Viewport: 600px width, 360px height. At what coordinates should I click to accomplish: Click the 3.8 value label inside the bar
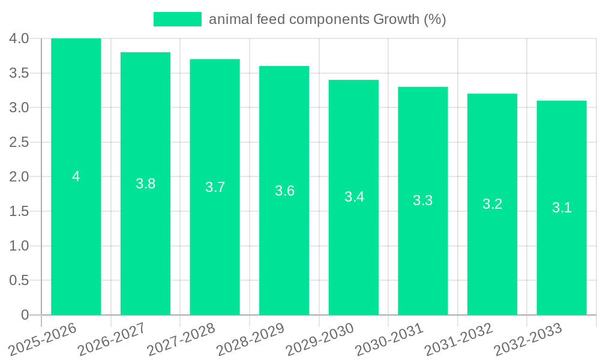(146, 184)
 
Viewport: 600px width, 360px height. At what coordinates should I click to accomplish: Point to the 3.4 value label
(354, 197)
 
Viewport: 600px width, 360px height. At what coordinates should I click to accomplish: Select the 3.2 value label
(493, 204)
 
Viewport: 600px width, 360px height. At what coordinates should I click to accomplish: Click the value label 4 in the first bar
(76, 176)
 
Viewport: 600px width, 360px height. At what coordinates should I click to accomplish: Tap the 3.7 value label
(215, 187)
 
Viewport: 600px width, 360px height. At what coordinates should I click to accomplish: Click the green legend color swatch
(177, 19)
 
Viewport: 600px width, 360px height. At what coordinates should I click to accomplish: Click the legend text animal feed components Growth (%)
(327, 19)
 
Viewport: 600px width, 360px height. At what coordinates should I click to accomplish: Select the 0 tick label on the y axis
(25, 315)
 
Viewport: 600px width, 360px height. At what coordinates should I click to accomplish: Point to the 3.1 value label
(562, 208)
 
